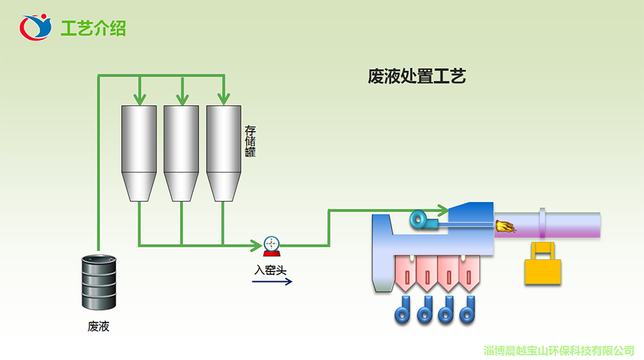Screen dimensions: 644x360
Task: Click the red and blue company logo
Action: pyautogui.click(x=36, y=27)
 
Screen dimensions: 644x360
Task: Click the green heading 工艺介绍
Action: pyautogui.click(x=93, y=29)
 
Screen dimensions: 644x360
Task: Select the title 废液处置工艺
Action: pyautogui.click(x=416, y=77)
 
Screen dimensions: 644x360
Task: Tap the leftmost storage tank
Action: pyautogui.click(x=139, y=153)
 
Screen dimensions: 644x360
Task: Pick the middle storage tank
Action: pyautogui.click(x=181, y=153)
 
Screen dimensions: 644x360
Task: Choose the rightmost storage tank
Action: pyautogui.click(x=224, y=153)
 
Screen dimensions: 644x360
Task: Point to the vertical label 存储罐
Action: pyautogui.click(x=250, y=141)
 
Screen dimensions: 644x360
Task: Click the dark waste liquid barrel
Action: pyautogui.click(x=99, y=282)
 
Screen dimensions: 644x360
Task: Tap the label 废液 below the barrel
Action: pyautogui.click(x=99, y=327)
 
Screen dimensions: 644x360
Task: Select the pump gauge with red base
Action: pyautogui.click(x=272, y=246)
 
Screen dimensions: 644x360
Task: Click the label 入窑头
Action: pyautogui.click(x=270, y=270)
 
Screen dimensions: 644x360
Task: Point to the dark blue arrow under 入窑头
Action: pyautogui.click(x=272, y=281)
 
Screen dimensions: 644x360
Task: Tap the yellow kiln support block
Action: pyautogui.click(x=542, y=263)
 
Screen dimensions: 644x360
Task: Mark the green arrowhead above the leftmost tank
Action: pyautogui.click(x=140, y=99)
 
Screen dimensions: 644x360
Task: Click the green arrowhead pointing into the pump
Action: pyautogui.click(x=257, y=246)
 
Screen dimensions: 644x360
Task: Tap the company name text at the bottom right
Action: pyautogui.click(x=559, y=350)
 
